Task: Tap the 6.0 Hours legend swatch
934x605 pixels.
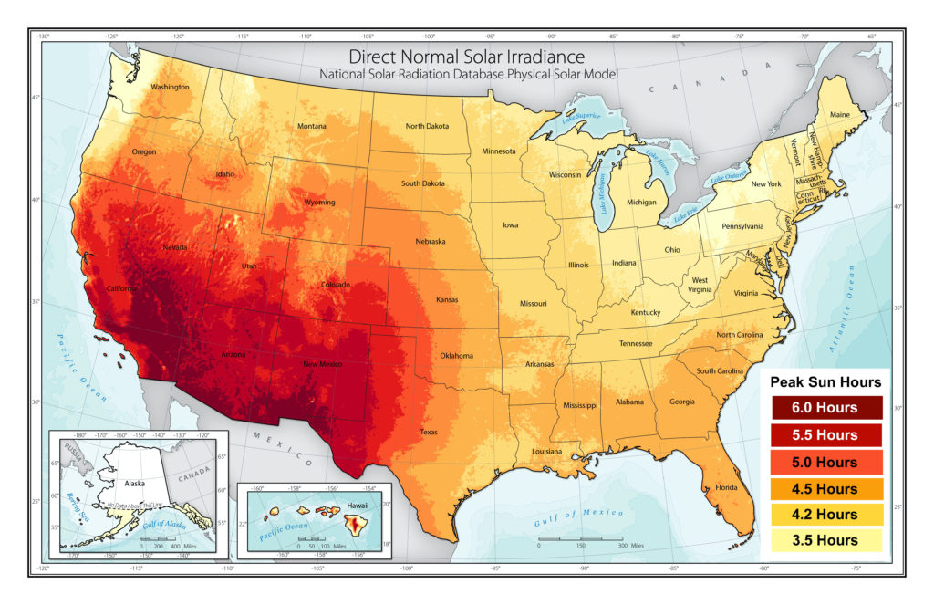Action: pyautogui.click(x=825, y=408)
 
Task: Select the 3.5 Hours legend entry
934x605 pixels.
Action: pyautogui.click(x=825, y=540)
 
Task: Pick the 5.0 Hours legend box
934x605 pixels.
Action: pyautogui.click(x=825, y=462)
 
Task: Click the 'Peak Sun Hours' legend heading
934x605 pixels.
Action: pyautogui.click(x=825, y=381)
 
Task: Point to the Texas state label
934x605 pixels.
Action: pyautogui.click(x=429, y=432)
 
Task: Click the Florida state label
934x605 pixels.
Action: pyautogui.click(x=726, y=486)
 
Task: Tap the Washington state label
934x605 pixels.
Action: pyautogui.click(x=171, y=88)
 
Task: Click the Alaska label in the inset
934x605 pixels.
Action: pyautogui.click(x=134, y=486)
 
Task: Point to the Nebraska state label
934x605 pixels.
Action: pyautogui.click(x=431, y=241)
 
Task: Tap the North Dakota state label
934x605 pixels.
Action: pyautogui.click(x=427, y=126)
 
